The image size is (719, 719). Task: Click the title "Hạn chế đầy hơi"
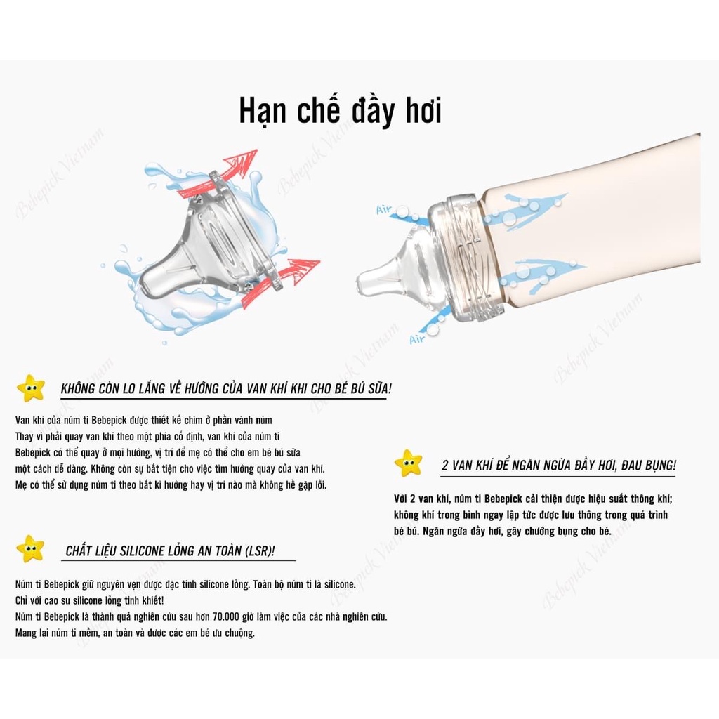point(341,112)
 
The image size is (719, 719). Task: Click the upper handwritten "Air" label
point(384,209)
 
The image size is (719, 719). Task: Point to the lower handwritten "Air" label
point(417,339)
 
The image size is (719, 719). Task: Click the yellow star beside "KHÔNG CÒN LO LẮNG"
point(31,388)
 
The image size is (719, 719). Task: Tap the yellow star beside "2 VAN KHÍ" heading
point(408,463)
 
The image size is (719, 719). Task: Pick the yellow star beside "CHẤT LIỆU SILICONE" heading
point(30,549)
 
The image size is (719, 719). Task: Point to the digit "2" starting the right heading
point(444,466)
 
